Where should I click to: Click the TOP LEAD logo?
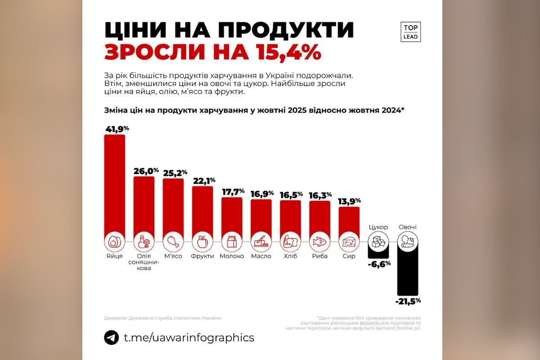coord(410,31)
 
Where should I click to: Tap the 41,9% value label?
coord(117,129)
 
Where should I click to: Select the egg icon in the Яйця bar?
coord(114,242)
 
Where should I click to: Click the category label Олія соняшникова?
coord(144,262)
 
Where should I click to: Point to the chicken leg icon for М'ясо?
coord(173,242)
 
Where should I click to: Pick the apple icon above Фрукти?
coord(202,242)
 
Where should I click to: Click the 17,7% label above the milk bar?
coord(233,191)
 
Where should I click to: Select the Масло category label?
coord(261,256)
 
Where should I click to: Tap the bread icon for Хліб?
coord(290,242)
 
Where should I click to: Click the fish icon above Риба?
coord(319,242)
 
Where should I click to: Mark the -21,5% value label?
coord(408,301)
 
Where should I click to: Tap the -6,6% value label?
coord(378,264)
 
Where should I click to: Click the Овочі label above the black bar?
coord(407,227)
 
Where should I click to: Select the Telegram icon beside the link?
coord(112,337)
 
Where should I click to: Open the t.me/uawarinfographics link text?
coord(189,337)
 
